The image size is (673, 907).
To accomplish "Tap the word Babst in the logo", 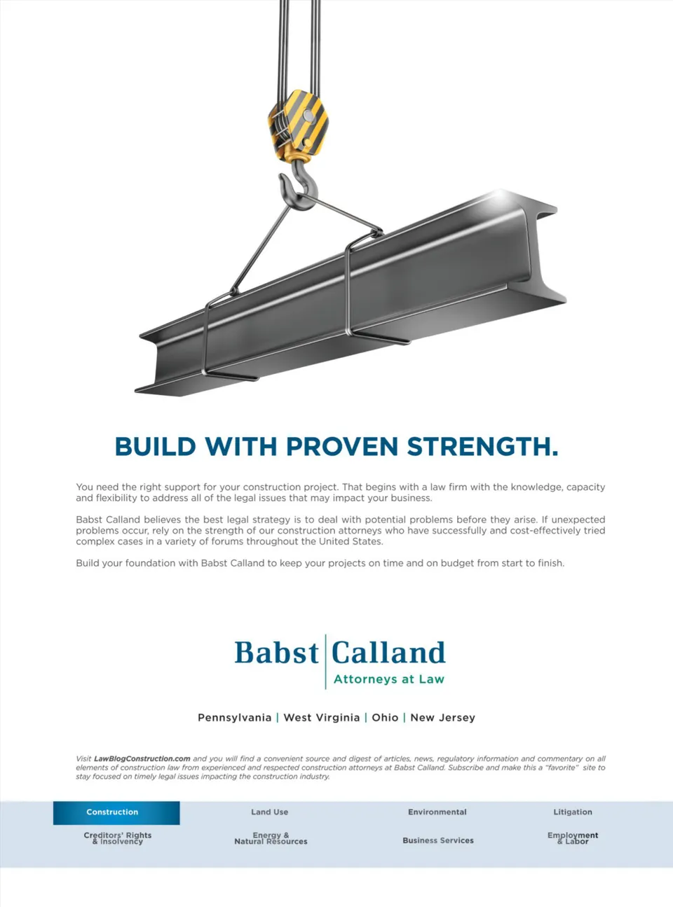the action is point(276,652).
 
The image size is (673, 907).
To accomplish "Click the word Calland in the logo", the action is point(388,652).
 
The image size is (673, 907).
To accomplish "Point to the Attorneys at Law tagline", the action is point(389,679).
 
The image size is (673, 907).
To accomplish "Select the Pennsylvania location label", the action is point(235,718).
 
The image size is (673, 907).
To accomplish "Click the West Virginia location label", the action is point(322,718).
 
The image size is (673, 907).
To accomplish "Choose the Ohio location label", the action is point(385,718).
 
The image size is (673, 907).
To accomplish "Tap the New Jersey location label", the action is point(442,718).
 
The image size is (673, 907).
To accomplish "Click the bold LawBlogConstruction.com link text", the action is point(142,759).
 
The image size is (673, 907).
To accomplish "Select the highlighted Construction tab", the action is point(116,812).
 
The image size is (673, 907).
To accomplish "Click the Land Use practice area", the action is point(269,812).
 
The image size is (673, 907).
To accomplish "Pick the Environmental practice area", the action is point(437,812).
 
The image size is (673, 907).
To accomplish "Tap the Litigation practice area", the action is point(573,812).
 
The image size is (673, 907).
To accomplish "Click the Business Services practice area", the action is point(438,840).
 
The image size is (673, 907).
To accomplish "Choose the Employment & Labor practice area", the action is point(573,838).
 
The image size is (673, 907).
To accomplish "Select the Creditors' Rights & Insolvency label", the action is point(118,838).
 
